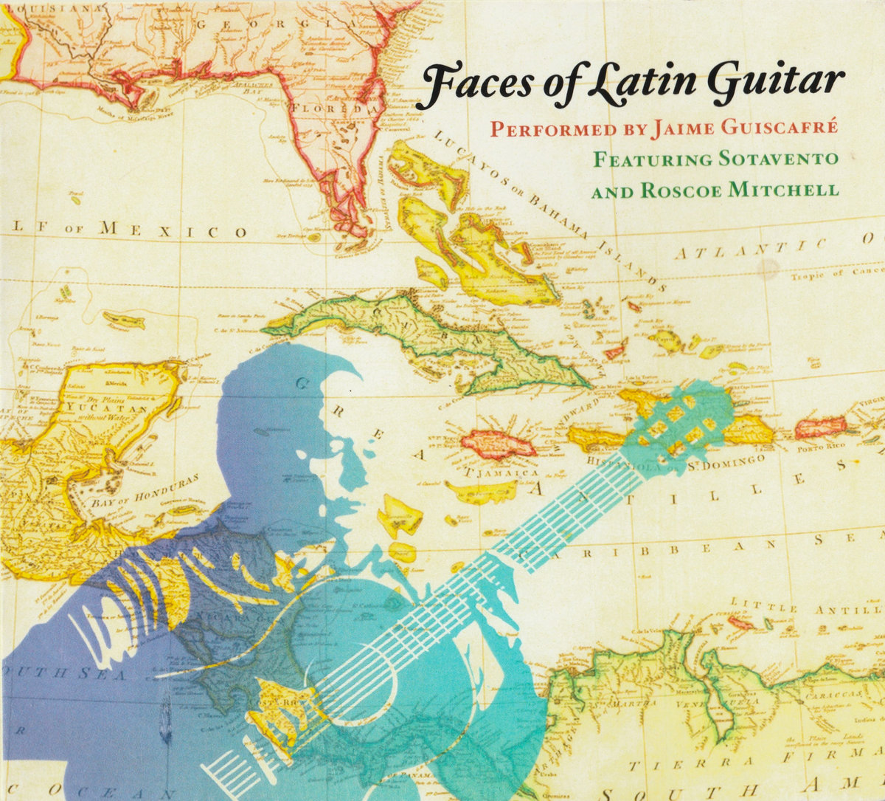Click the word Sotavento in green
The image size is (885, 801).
[x=774, y=159]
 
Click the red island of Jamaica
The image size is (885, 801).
[x=498, y=444]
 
